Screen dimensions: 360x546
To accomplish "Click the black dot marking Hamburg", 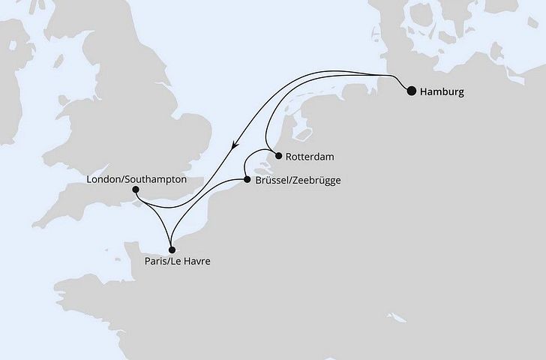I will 411,92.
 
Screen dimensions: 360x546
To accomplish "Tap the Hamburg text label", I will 443,92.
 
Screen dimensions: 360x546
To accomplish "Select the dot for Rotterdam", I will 278,157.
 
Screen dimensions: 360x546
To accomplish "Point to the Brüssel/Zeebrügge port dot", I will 247,180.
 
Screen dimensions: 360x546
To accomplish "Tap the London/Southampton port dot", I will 135,190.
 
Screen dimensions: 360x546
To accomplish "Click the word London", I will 103,180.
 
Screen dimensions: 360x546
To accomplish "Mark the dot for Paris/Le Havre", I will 172,250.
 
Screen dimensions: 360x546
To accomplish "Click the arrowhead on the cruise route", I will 235,148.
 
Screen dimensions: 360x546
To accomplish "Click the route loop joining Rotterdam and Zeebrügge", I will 253,154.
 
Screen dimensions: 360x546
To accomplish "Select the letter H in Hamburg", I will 424,92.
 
